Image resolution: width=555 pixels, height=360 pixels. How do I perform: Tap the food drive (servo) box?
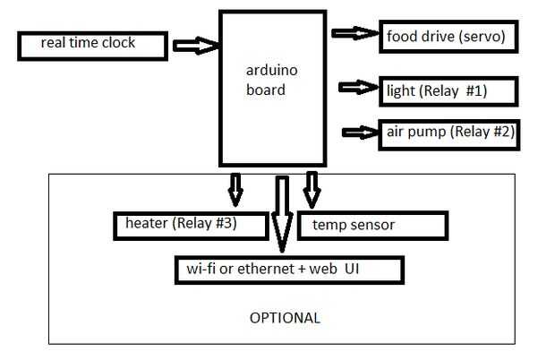[x=448, y=37]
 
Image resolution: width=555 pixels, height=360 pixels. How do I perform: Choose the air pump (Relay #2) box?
[x=448, y=133]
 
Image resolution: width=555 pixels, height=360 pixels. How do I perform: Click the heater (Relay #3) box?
[x=191, y=225]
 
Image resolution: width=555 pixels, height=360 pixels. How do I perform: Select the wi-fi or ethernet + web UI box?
[x=289, y=268]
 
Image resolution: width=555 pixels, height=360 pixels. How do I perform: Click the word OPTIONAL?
[x=284, y=318]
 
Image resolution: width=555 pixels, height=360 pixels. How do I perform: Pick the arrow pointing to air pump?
[x=363, y=132]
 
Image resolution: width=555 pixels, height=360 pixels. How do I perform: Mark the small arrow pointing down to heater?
[x=235, y=186]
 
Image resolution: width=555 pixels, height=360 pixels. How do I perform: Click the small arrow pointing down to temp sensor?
[x=311, y=186]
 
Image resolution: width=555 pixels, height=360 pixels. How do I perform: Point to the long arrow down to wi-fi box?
[x=283, y=215]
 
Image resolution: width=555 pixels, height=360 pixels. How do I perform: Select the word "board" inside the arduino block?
[x=265, y=90]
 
